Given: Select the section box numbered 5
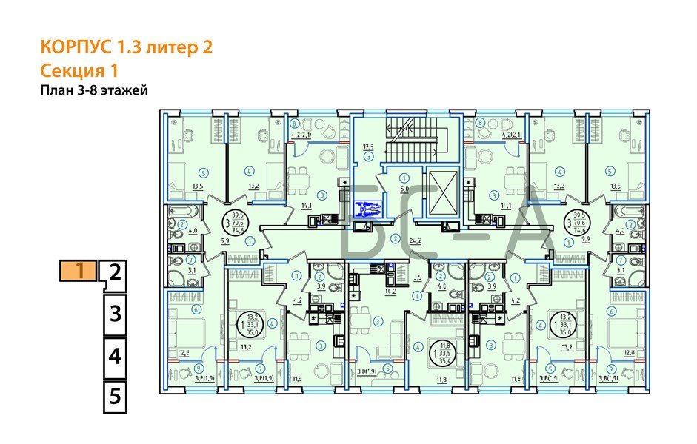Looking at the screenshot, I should pyautogui.click(x=114, y=396).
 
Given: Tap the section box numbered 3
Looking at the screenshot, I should pyautogui.click(x=114, y=314).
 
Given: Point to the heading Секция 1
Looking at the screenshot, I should pyautogui.click(x=79, y=71).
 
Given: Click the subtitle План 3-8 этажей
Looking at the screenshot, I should pyautogui.click(x=94, y=91).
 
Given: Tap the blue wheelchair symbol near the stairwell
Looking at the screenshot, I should pyautogui.click(x=365, y=210).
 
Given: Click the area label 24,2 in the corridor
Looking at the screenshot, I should pyautogui.click(x=416, y=240).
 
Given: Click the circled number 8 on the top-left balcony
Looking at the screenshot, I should pyautogui.click(x=294, y=124).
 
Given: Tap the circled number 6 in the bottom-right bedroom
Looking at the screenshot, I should pyautogui.click(x=612, y=310).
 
